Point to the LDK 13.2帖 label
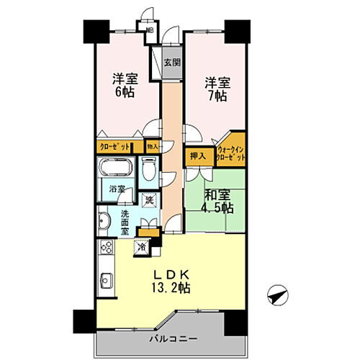(x=172, y=281)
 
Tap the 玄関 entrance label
(x=171, y=62)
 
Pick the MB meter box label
(x=150, y=30)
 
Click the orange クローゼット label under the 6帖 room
(x=115, y=146)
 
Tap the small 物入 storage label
(x=153, y=145)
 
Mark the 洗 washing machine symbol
(x=150, y=199)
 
